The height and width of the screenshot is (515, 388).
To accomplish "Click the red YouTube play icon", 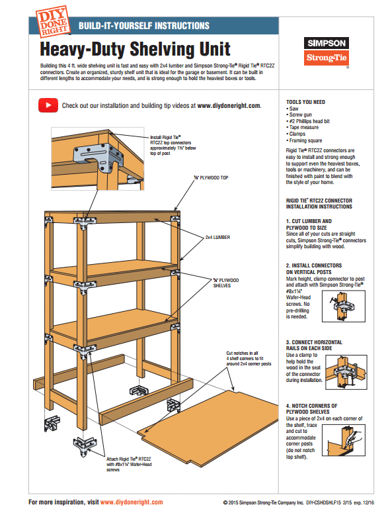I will pos(47,105).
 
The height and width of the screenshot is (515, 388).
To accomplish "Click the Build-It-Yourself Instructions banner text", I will pos(143,26).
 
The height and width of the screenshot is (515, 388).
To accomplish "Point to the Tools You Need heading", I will pos(305,102).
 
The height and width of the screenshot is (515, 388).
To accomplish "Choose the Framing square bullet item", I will pos(306,141).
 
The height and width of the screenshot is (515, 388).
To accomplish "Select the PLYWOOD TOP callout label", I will pos(212,178).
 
